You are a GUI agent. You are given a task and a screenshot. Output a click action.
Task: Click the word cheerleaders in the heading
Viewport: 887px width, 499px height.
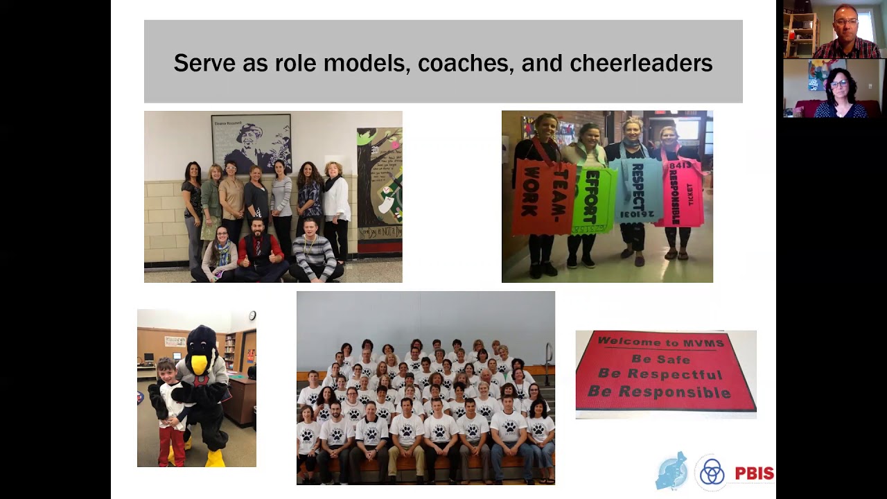pos(641,63)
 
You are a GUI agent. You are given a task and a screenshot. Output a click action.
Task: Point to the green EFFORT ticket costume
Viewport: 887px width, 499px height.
pos(592,199)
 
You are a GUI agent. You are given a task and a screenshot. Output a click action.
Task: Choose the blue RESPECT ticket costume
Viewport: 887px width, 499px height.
pos(638,191)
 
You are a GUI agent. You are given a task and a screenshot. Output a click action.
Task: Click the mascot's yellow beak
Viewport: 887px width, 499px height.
pos(199,364)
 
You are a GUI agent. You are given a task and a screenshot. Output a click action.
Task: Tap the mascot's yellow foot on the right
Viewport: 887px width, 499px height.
pos(216,458)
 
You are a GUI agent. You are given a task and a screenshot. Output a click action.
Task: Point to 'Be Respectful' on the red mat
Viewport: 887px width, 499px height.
pos(660,375)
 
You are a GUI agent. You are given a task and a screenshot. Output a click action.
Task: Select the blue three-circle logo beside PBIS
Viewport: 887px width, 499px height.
pos(711,472)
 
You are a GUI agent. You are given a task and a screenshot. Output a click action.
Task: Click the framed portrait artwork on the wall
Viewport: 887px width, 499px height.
pos(251,143)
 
